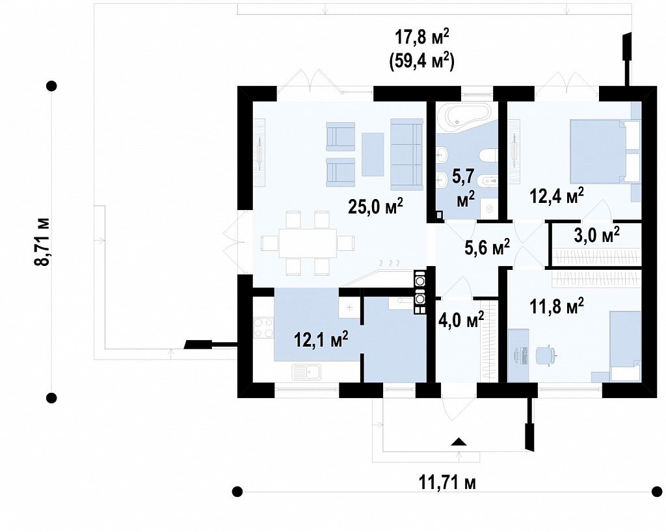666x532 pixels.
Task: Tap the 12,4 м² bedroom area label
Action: [x=557, y=196]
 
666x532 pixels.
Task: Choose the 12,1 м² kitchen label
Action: [x=321, y=339]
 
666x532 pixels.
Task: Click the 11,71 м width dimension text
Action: [x=447, y=483]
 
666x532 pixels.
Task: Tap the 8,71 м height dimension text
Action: [x=42, y=242]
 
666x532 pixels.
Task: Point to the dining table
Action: [x=308, y=243]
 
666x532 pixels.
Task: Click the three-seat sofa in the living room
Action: [x=406, y=153]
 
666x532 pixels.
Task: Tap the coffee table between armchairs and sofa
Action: [x=373, y=154]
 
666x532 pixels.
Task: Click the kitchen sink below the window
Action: [x=306, y=372]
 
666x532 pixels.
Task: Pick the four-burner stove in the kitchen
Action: [x=264, y=328]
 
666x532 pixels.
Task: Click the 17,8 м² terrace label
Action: [x=421, y=38]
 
